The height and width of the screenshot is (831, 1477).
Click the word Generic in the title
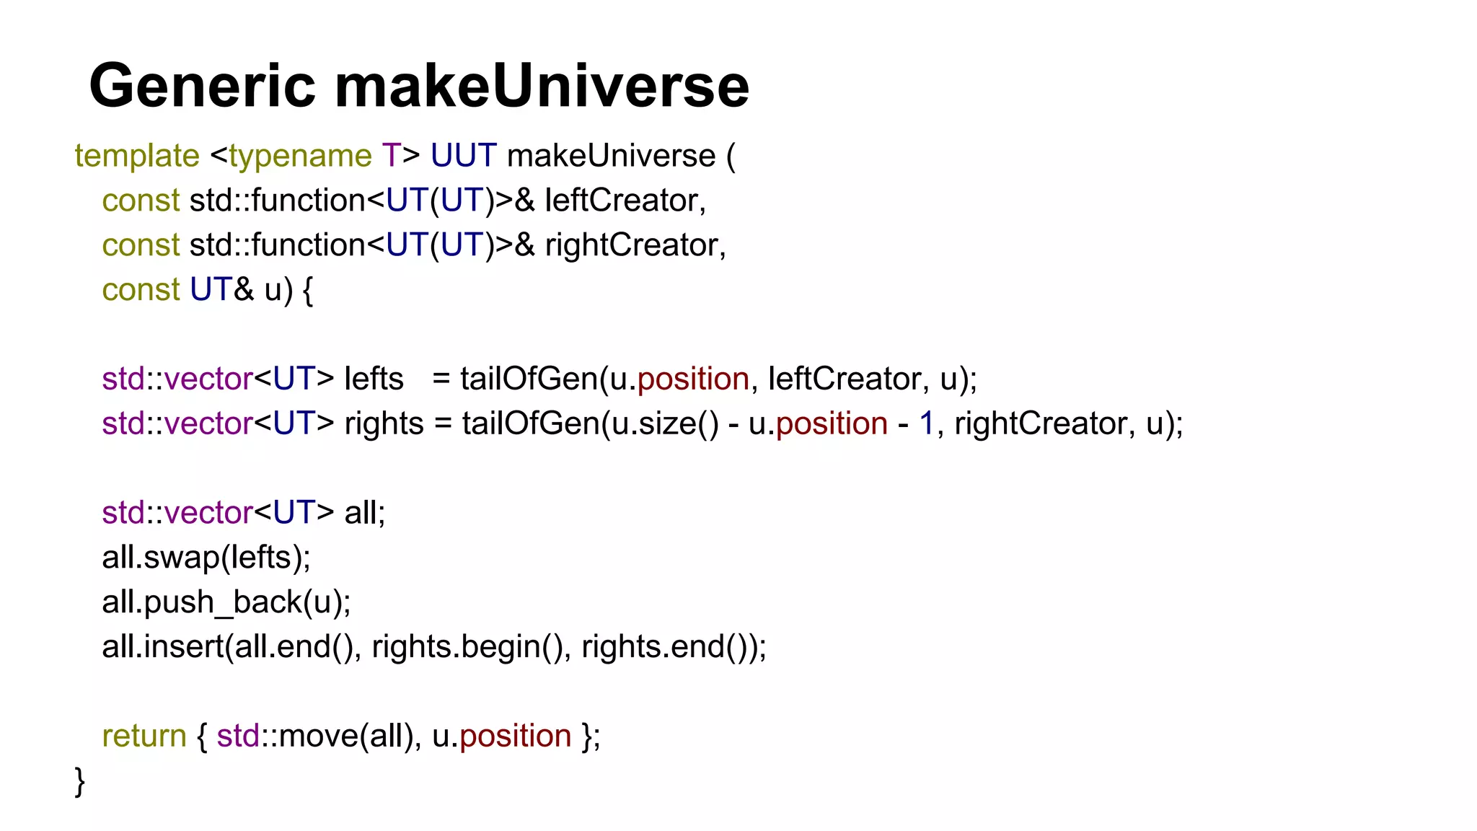[203, 86]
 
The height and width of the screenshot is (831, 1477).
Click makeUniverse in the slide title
[542, 86]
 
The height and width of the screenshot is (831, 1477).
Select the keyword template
[137, 156]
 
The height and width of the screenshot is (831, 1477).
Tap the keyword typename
[300, 156]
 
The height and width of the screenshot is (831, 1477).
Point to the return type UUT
[464, 156]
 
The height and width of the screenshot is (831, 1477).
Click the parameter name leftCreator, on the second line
[625, 201]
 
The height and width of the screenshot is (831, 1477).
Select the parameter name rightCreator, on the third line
[635, 245]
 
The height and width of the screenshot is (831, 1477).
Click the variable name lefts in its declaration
[374, 379]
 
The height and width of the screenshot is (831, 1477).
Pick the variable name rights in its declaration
[384, 423]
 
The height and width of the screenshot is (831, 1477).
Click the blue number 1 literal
[927, 423]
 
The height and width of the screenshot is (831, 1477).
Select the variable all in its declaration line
[364, 513]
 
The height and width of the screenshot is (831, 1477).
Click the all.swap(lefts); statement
[206, 558]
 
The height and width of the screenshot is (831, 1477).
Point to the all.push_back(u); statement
[226, 602]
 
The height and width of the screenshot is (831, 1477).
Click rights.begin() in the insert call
[467, 647]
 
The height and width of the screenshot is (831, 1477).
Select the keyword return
[144, 737]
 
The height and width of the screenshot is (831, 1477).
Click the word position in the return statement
[515, 737]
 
